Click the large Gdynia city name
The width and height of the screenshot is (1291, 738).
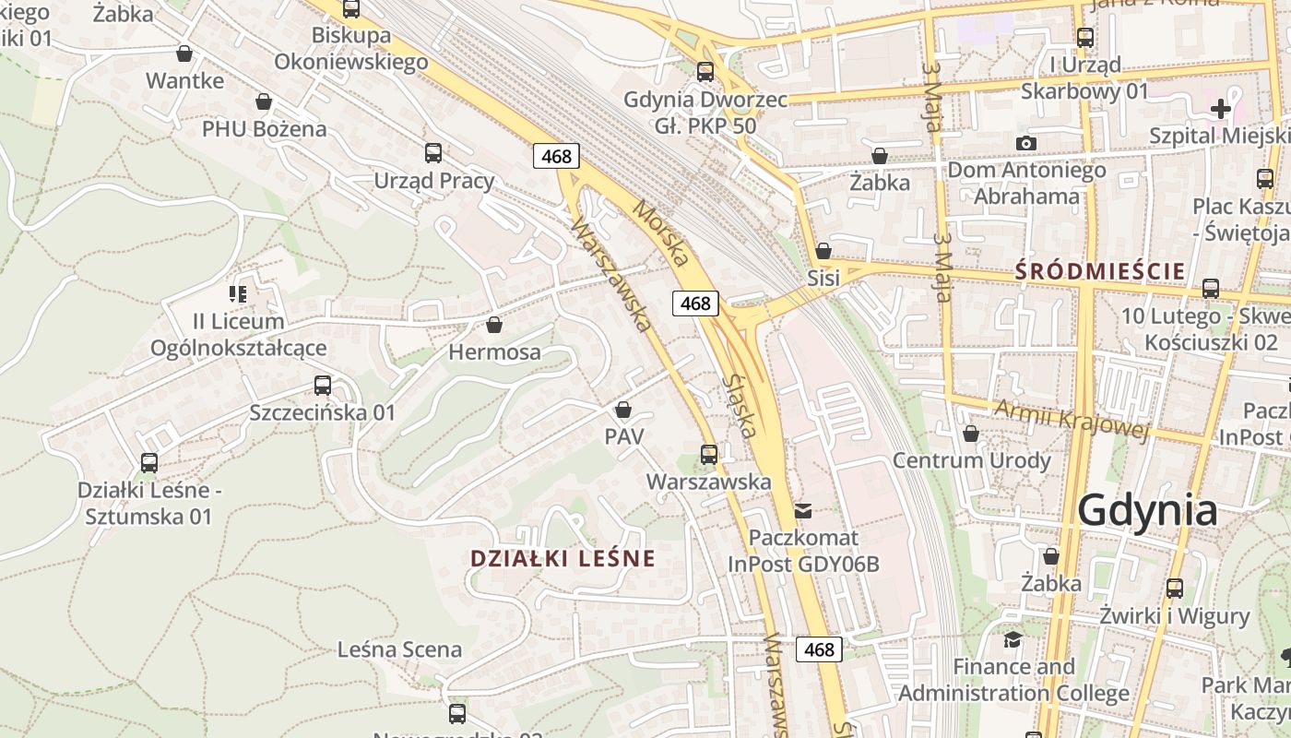pos(1147,510)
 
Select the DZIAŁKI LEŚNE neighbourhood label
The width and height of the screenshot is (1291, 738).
pos(563,558)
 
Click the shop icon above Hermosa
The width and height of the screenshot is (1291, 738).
pos(494,325)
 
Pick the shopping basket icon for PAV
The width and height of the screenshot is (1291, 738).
pos(623,410)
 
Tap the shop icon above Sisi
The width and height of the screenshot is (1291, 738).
pos(823,251)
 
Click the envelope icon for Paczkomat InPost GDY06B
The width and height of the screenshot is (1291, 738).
pos(803,510)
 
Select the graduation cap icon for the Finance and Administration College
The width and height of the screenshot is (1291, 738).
pos(1013,639)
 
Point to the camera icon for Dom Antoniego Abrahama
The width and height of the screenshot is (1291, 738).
pos(1025,143)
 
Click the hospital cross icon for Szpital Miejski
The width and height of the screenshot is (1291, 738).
pos(1220,109)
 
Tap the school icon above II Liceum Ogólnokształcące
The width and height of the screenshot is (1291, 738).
pos(238,294)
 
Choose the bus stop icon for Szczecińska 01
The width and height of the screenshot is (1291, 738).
pos(322,386)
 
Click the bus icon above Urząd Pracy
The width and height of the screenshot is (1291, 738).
pos(432,153)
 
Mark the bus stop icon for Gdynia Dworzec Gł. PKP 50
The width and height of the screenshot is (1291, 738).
pos(705,71)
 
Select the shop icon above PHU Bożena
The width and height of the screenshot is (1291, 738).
pos(264,101)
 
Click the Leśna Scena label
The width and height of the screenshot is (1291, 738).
pos(399,649)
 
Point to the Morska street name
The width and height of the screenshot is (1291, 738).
pos(661,234)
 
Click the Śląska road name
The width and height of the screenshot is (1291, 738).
pos(740,405)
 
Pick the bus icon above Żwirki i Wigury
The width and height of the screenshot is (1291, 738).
pos(1174,588)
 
